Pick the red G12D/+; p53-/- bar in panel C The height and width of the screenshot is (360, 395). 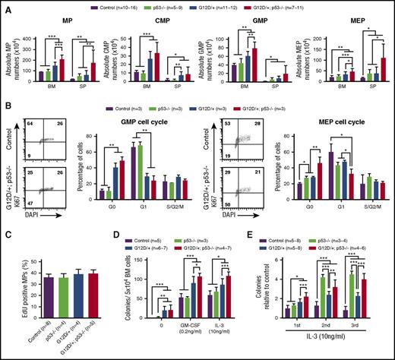pos(73,292)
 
